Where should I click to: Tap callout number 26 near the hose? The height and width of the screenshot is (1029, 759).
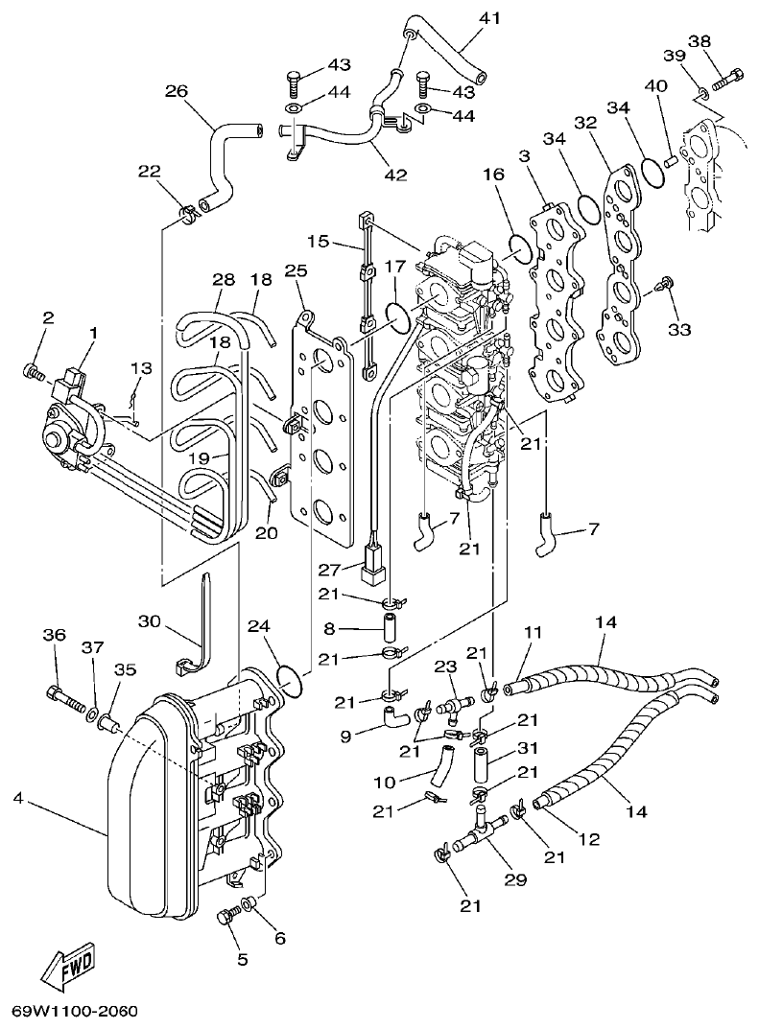point(176,92)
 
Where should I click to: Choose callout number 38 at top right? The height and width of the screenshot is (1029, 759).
point(726,41)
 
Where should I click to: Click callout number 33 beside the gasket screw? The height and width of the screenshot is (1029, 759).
point(679,330)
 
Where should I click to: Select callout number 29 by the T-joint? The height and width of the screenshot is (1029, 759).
point(517,877)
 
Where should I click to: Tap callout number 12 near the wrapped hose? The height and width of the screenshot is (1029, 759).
point(588,839)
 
